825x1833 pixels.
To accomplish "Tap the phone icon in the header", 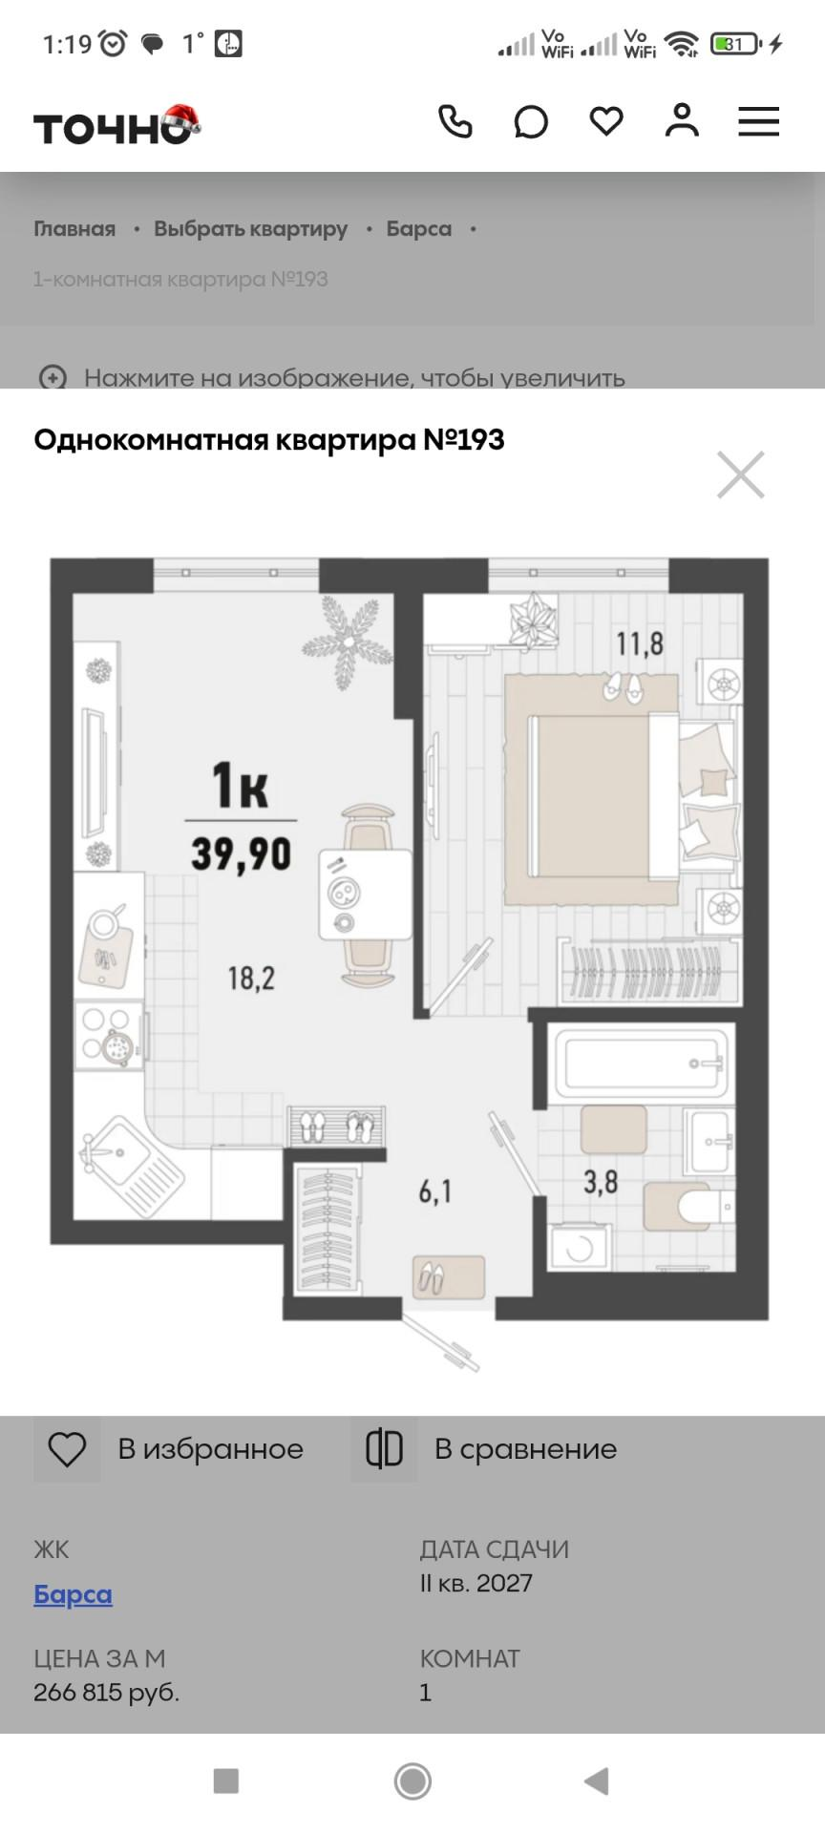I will coord(455,122).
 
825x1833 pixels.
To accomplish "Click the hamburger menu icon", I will coord(758,122).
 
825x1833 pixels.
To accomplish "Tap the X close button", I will coord(741,474).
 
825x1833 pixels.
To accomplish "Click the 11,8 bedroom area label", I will coord(639,643).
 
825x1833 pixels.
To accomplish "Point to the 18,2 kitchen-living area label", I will coord(251,978).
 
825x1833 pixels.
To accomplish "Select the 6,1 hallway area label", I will coord(435,1191).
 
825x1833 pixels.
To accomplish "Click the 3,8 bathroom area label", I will coord(601,1183).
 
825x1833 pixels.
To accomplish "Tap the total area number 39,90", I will coord(241,853).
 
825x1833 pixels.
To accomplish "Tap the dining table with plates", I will coord(366,894).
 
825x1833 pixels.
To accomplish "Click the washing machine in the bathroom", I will coord(579,1247).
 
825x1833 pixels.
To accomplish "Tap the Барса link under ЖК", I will coord(73,1595).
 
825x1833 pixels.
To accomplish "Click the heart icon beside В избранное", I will coord(67,1449).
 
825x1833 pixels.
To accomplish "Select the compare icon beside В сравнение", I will coord(384,1449).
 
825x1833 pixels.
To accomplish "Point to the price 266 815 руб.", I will coord(106,1693).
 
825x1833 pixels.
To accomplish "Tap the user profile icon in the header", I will coord(682,121).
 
